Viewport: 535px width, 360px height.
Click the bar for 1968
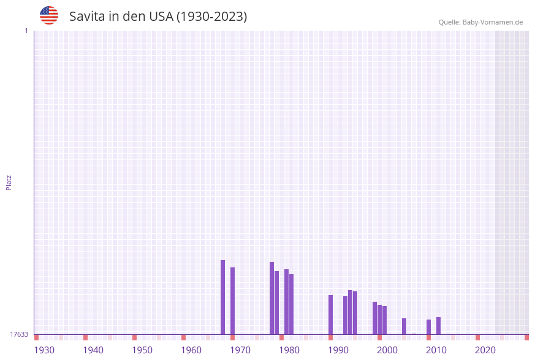222,297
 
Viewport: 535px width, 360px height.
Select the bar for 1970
232,301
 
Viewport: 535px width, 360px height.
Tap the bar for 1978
271,298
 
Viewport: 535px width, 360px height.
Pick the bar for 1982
291,304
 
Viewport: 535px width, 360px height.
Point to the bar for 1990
330,315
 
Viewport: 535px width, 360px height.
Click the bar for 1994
350,312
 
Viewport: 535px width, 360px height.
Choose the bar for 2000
379,320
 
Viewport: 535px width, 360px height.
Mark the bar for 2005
404,326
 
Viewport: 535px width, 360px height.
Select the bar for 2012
438,326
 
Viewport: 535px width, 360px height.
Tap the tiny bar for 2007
414,334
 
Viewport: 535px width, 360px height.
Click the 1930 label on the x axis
44,350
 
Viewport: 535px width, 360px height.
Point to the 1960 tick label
191,350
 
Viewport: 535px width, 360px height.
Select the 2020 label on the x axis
485,350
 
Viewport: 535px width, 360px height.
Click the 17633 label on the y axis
19,334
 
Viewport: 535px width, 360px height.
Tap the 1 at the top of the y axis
26,31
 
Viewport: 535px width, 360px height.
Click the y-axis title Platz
9,183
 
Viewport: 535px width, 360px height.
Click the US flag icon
49,15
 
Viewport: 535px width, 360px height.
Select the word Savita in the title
87,17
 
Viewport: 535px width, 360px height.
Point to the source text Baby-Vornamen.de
493,22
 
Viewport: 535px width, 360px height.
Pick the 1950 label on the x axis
142,350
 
